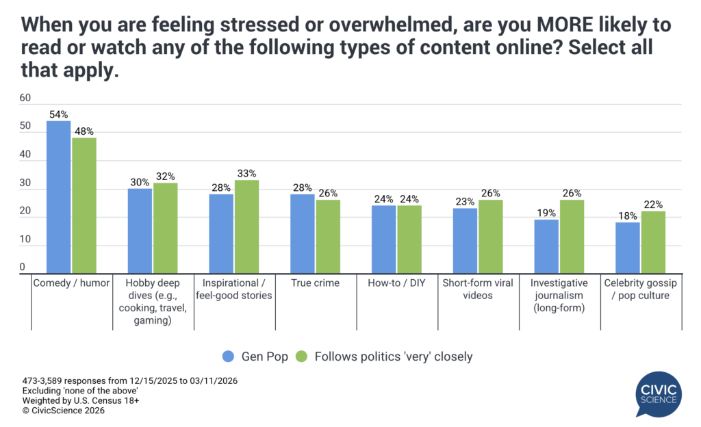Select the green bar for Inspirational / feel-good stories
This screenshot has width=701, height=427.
pos(246,227)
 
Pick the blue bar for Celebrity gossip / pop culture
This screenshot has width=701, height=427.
pos(627,248)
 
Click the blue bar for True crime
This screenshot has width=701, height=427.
pos(302,234)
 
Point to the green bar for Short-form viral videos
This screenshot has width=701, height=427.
pos(490,237)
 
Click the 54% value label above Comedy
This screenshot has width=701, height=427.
pos(58,115)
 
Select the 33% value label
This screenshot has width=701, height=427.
pos(247,174)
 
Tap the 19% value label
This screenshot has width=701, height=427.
pos(546,214)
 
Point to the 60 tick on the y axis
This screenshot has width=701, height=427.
pos(26,98)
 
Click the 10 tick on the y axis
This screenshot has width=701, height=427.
pos(26,240)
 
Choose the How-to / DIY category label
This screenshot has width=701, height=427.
pos(397,283)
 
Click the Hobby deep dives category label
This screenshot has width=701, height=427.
pos(153,301)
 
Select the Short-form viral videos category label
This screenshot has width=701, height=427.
pos(478,289)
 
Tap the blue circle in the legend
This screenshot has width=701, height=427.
pos(229,356)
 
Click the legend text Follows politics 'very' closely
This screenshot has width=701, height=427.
pos(392,356)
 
